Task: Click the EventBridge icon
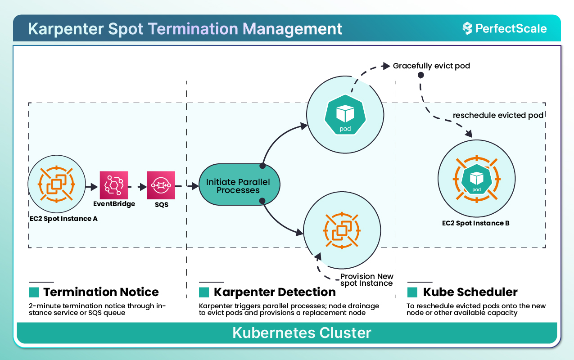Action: (114, 185)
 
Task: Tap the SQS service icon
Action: (161, 185)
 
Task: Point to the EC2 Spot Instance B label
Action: (476, 223)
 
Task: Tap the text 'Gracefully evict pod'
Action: (431, 66)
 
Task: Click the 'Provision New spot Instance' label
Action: (366, 280)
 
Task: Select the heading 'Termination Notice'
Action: (101, 292)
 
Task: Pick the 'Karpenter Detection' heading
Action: (275, 292)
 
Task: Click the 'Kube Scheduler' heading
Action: (470, 292)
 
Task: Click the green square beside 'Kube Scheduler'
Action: (412, 292)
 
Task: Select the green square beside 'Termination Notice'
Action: (34, 292)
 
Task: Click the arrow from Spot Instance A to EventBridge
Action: (91, 185)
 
